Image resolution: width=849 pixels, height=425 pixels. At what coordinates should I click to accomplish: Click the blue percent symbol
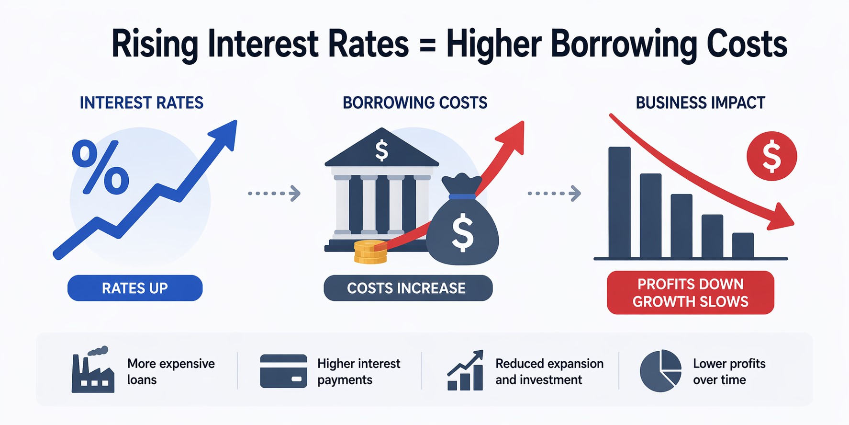[101, 168]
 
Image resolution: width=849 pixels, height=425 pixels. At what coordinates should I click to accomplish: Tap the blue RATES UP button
[135, 288]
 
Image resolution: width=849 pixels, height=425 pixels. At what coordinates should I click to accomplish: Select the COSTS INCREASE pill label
[408, 288]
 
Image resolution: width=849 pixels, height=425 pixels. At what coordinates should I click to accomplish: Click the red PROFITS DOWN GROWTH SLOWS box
[690, 293]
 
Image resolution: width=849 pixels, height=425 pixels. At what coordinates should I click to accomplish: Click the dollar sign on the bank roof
[381, 150]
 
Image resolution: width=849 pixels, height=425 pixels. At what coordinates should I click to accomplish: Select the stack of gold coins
[370, 252]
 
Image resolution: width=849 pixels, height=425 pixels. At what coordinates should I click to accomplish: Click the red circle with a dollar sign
[771, 156]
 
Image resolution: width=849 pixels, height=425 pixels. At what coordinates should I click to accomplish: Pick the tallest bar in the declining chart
[619, 202]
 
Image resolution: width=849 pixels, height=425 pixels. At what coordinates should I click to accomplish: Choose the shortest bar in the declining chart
[743, 245]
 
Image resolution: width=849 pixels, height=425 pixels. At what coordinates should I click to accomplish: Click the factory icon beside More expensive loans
[93, 372]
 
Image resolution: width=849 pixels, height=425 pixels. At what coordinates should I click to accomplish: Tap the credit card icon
[283, 371]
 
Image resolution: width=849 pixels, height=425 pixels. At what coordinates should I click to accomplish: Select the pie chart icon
[660, 371]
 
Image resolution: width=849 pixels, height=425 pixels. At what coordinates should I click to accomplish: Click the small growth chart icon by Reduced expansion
[465, 371]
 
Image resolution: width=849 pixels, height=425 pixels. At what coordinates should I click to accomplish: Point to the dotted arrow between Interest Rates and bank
[274, 194]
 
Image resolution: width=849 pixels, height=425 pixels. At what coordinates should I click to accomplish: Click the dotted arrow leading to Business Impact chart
[554, 194]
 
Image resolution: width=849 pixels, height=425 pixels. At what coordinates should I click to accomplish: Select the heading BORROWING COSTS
[415, 103]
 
